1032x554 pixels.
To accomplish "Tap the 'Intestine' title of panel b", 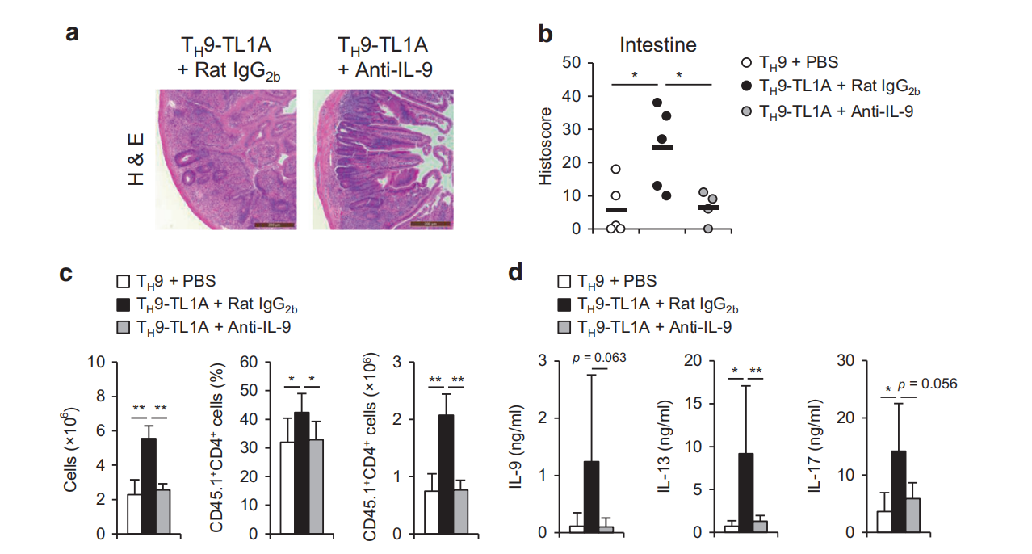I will [657, 44].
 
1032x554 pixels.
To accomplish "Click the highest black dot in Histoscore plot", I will [657, 103].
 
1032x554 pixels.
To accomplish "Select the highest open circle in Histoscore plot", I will [616, 169].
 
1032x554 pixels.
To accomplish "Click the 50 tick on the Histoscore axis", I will [573, 63].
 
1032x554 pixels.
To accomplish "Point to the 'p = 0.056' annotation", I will [927, 384].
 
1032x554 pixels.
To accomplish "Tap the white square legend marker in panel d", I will [564, 283].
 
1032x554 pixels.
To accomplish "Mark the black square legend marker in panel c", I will [124, 304].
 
